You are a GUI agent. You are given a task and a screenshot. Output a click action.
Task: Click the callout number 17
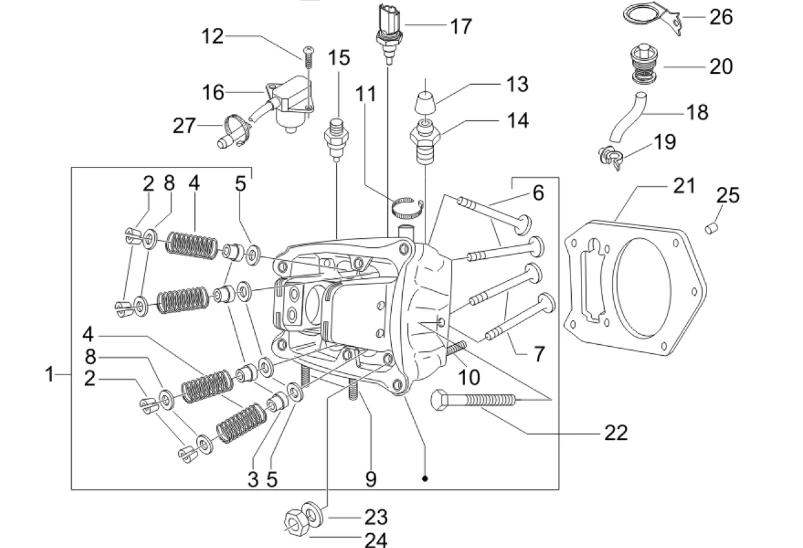click(x=460, y=26)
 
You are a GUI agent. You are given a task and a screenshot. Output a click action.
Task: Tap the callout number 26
click(x=721, y=16)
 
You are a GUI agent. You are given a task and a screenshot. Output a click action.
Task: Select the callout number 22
click(x=615, y=432)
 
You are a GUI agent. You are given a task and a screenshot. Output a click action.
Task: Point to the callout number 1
click(x=50, y=374)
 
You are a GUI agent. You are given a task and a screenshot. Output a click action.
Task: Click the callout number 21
click(x=683, y=186)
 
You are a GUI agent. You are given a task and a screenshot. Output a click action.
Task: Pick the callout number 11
click(x=365, y=93)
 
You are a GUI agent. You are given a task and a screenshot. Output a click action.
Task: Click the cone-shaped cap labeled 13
click(x=424, y=103)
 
